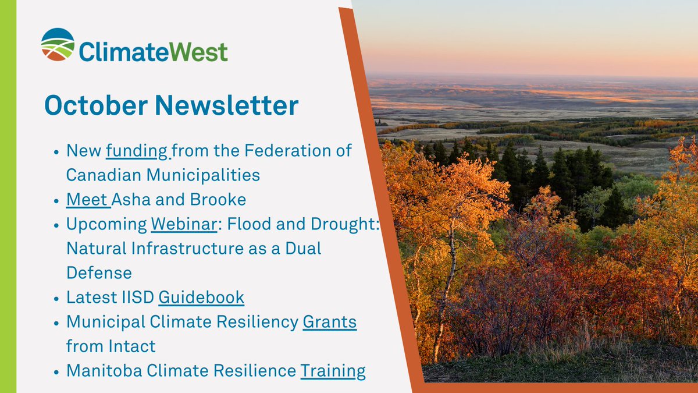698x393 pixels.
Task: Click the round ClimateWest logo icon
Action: pyautogui.click(x=58, y=44)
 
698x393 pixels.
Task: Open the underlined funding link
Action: pyautogui.click(x=137, y=151)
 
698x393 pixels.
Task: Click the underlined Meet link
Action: pyautogui.click(x=87, y=200)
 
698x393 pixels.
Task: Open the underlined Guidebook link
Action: pyautogui.click(x=201, y=298)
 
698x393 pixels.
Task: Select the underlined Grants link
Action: pyautogui.click(x=330, y=322)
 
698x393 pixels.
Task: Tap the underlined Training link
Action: pyautogui.click(x=333, y=371)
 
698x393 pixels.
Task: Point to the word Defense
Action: pyautogui.click(x=99, y=272)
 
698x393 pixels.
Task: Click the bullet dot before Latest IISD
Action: pyautogui.click(x=56, y=298)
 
